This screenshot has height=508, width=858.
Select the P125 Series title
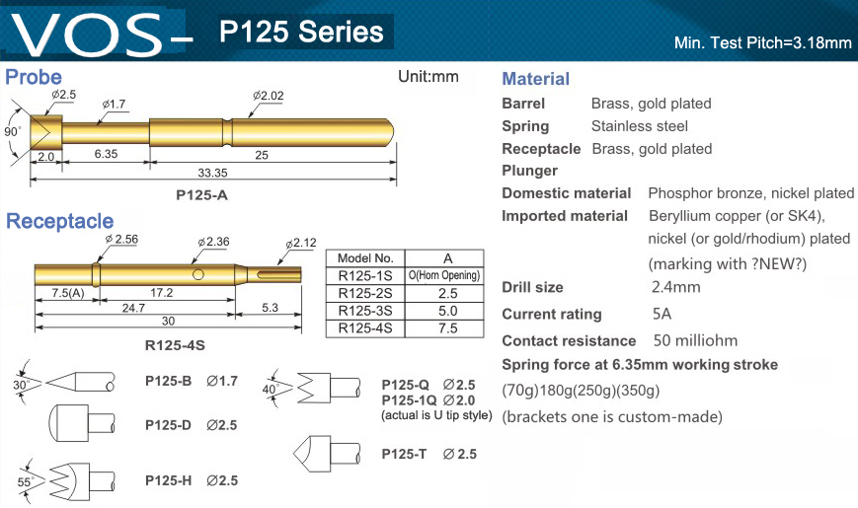(301, 32)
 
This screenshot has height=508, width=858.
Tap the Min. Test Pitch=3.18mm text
(763, 42)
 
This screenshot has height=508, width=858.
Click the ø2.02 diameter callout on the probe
(269, 96)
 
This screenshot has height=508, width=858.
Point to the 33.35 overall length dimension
(212, 173)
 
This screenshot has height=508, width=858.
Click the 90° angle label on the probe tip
(13, 132)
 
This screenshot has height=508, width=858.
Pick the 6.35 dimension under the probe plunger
(106, 154)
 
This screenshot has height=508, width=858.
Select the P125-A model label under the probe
(201, 195)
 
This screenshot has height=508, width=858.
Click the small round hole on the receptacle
(198, 274)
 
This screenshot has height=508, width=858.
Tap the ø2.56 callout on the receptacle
(121, 240)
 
